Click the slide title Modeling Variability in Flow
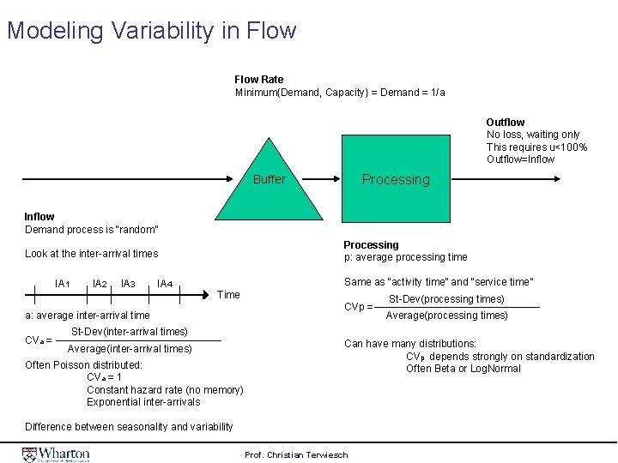pos(151,31)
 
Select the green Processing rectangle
pos(395,179)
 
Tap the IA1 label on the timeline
pos(62,284)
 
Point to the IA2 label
pos(99,284)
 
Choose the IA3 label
pos(128,284)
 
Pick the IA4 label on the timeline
pos(165,284)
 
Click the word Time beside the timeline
pos(229,295)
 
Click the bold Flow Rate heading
pos(258,80)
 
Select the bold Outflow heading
pos(505,123)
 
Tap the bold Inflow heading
pos(39,217)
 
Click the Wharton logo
pos(57,453)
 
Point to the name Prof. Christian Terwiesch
pos(296,454)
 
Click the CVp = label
pos(358,307)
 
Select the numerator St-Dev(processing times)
pos(446,299)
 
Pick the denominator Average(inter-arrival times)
pos(130,348)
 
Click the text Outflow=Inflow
pos(520,159)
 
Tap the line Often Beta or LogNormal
pos(463,369)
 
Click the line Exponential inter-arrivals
pos(143,402)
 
